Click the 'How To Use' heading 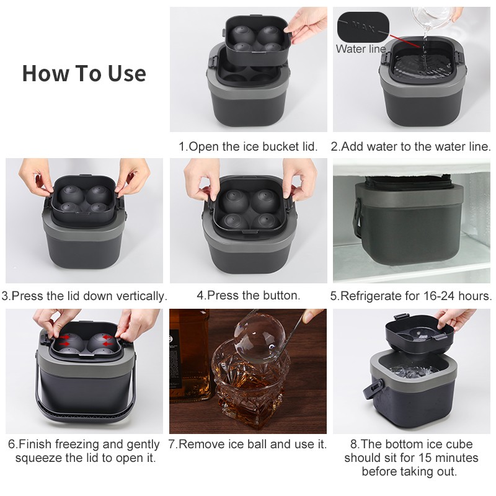click(84, 73)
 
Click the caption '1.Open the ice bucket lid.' click(248, 147)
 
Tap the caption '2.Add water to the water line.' click(411, 147)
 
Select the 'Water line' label click(360, 48)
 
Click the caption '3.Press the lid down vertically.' click(84, 296)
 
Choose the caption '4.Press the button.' click(248, 295)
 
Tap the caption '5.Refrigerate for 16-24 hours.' click(411, 296)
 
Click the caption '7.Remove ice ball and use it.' click(248, 444)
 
